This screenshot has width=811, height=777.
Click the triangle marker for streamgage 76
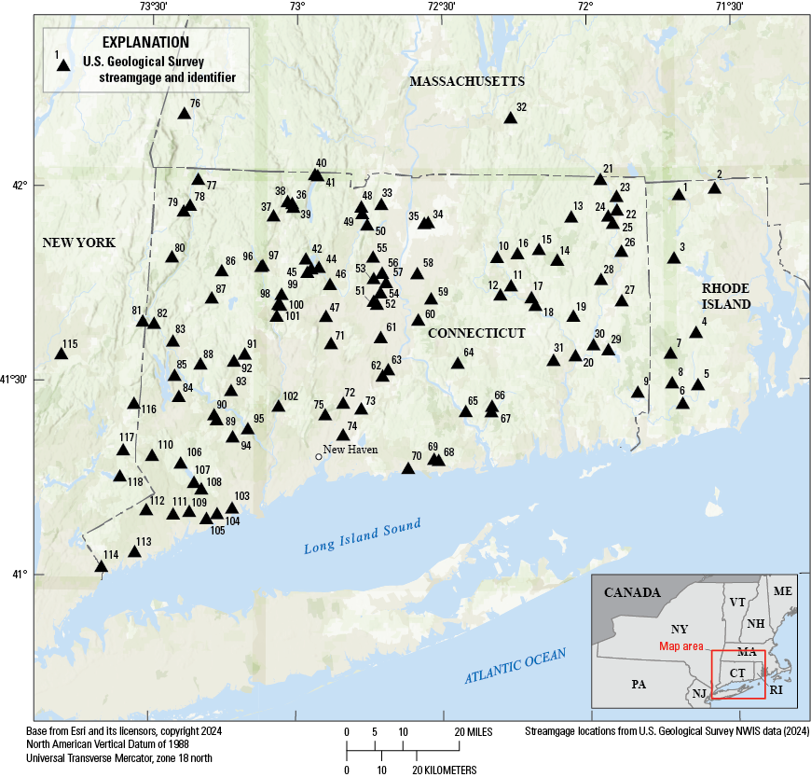click(184, 114)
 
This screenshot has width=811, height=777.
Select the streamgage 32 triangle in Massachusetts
click(510, 118)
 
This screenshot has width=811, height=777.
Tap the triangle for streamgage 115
click(61, 354)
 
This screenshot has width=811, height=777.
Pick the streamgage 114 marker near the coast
click(101, 566)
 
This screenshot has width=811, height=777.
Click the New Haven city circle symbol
click(318, 456)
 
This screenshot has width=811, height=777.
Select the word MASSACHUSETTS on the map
click(466, 82)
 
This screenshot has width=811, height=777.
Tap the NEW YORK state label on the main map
click(78, 243)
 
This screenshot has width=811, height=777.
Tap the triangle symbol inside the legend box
click(63, 65)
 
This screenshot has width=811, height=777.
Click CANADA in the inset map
click(632, 592)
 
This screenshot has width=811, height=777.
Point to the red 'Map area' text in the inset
click(680, 645)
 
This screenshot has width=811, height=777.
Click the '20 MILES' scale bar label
click(474, 730)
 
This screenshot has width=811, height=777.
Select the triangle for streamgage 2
click(714, 188)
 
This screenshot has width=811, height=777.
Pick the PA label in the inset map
click(638, 684)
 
